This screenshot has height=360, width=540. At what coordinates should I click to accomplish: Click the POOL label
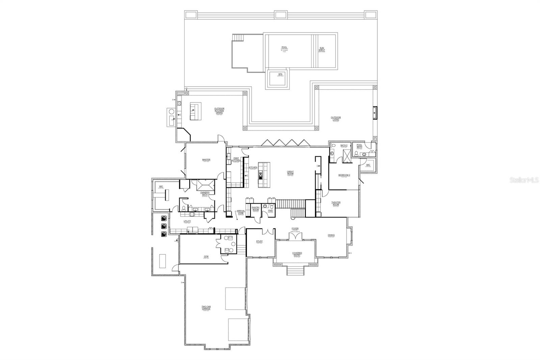284,48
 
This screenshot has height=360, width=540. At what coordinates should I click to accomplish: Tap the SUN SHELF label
322,49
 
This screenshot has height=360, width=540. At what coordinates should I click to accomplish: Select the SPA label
280,74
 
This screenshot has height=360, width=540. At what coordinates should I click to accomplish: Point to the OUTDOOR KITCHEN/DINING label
219,110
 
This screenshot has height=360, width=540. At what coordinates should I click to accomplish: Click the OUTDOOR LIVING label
336,119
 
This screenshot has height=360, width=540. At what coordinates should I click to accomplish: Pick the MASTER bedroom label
206,160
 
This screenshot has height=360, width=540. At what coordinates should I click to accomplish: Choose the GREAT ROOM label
290,173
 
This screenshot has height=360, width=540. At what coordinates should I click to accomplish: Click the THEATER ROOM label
336,204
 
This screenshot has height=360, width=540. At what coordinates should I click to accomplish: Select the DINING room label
331,235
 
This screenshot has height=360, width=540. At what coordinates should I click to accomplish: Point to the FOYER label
295,229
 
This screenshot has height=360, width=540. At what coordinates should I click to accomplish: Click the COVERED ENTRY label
297,254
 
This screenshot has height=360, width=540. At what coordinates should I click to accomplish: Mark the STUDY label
259,241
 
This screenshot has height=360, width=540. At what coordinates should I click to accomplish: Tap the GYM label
206,257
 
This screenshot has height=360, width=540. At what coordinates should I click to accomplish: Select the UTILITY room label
187,222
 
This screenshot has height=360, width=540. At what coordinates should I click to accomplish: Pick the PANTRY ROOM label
255,209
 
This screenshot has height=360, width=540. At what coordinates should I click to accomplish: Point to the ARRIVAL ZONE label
240,212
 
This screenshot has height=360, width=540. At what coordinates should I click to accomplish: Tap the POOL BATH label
359,146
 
